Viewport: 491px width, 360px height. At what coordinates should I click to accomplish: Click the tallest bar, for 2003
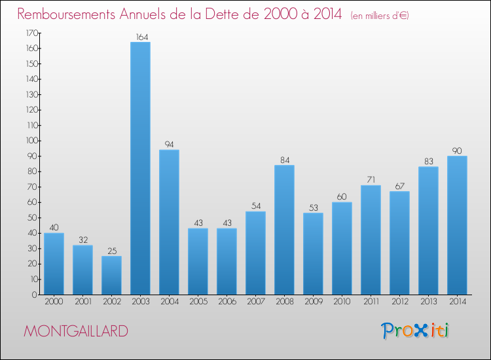pyautogui.click(x=140, y=168)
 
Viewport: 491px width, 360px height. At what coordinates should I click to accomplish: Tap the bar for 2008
pyautogui.click(x=284, y=230)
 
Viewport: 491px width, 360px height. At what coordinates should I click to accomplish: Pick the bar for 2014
pyautogui.click(x=457, y=225)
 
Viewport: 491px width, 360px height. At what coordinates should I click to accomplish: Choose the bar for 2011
pyautogui.click(x=371, y=240)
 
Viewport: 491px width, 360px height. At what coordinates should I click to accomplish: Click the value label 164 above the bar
pyautogui.click(x=140, y=37)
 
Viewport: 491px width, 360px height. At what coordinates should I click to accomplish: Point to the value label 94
pyautogui.click(x=169, y=145)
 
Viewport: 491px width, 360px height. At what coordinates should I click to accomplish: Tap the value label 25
pyautogui.click(x=111, y=251)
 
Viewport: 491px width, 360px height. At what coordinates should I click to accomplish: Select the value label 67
pyautogui.click(x=399, y=186)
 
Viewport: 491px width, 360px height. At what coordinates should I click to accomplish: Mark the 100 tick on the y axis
pyautogui.click(x=29, y=141)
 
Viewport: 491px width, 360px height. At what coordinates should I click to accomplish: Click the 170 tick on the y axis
pyautogui.click(x=29, y=33)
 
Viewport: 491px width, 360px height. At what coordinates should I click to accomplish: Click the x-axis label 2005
pyautogui.click(x=198, y=302)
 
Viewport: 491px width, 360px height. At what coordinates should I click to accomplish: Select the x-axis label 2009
pyautogui.click(x=313, y=302)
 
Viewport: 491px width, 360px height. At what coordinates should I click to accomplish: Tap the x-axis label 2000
pyautogui.click(x=54, y=302)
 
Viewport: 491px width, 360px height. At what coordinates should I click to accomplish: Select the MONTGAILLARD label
pyautogui.click(x=76, y=331)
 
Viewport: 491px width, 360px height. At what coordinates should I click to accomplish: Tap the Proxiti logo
pyautogui.click(x=416, y=331)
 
